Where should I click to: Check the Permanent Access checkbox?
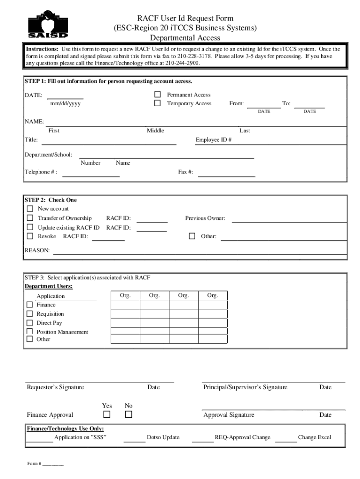pos(158,94)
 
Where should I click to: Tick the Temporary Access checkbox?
pos(158,103)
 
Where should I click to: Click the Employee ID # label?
pos(214,140)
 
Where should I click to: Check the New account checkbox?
pos(30,209)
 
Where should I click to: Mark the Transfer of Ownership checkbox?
pos(30,218)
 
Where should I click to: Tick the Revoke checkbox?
pos(30,236)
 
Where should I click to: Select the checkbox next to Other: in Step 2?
pos(192,236)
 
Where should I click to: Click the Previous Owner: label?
pos(205,218)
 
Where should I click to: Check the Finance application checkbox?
pos(29,305)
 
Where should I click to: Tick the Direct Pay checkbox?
pos(29,323)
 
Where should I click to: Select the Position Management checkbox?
pos(29,332)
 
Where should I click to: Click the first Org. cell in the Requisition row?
pos(125,314)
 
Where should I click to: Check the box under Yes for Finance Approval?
pos(107,414)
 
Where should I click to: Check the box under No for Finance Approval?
pos(129,414)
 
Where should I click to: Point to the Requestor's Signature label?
pos(56,387)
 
